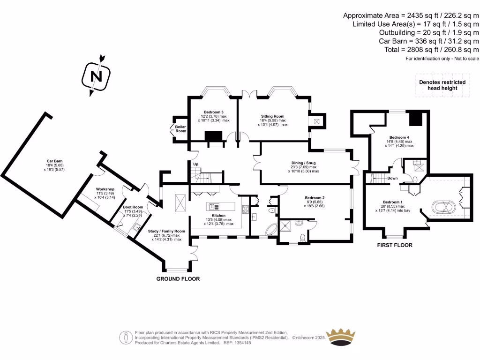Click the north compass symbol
[x=96, y=75]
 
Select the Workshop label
[x=105, y=189]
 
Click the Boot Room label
[x=133, y=207]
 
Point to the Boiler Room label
[x=180, y=128]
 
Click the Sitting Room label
[x=272, y=116]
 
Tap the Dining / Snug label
[x=303, y=163]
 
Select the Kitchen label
[x=218, y=216]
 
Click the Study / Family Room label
[x=166, y=231]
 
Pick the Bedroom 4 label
[x=392, y=137]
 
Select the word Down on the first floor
[x=393, y=178]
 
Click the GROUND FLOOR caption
[x=178, y=279]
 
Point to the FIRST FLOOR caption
[x=395, y=245]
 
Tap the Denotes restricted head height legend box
[x=442, y=85]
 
